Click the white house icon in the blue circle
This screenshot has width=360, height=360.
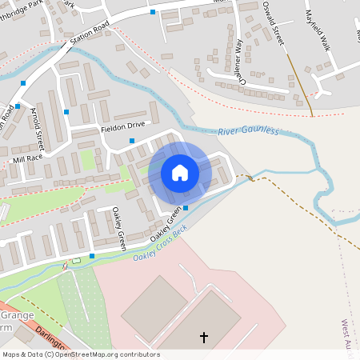point(180,173)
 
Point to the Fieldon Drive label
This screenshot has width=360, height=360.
point(122,126)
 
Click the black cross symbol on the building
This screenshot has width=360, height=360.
point(203,338)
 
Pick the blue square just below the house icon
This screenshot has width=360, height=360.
point(186,208)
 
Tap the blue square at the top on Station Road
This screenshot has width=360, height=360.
point(153,12)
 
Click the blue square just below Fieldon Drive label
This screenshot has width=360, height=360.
point(132,141)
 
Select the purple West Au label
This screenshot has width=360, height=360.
point(346,335)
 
